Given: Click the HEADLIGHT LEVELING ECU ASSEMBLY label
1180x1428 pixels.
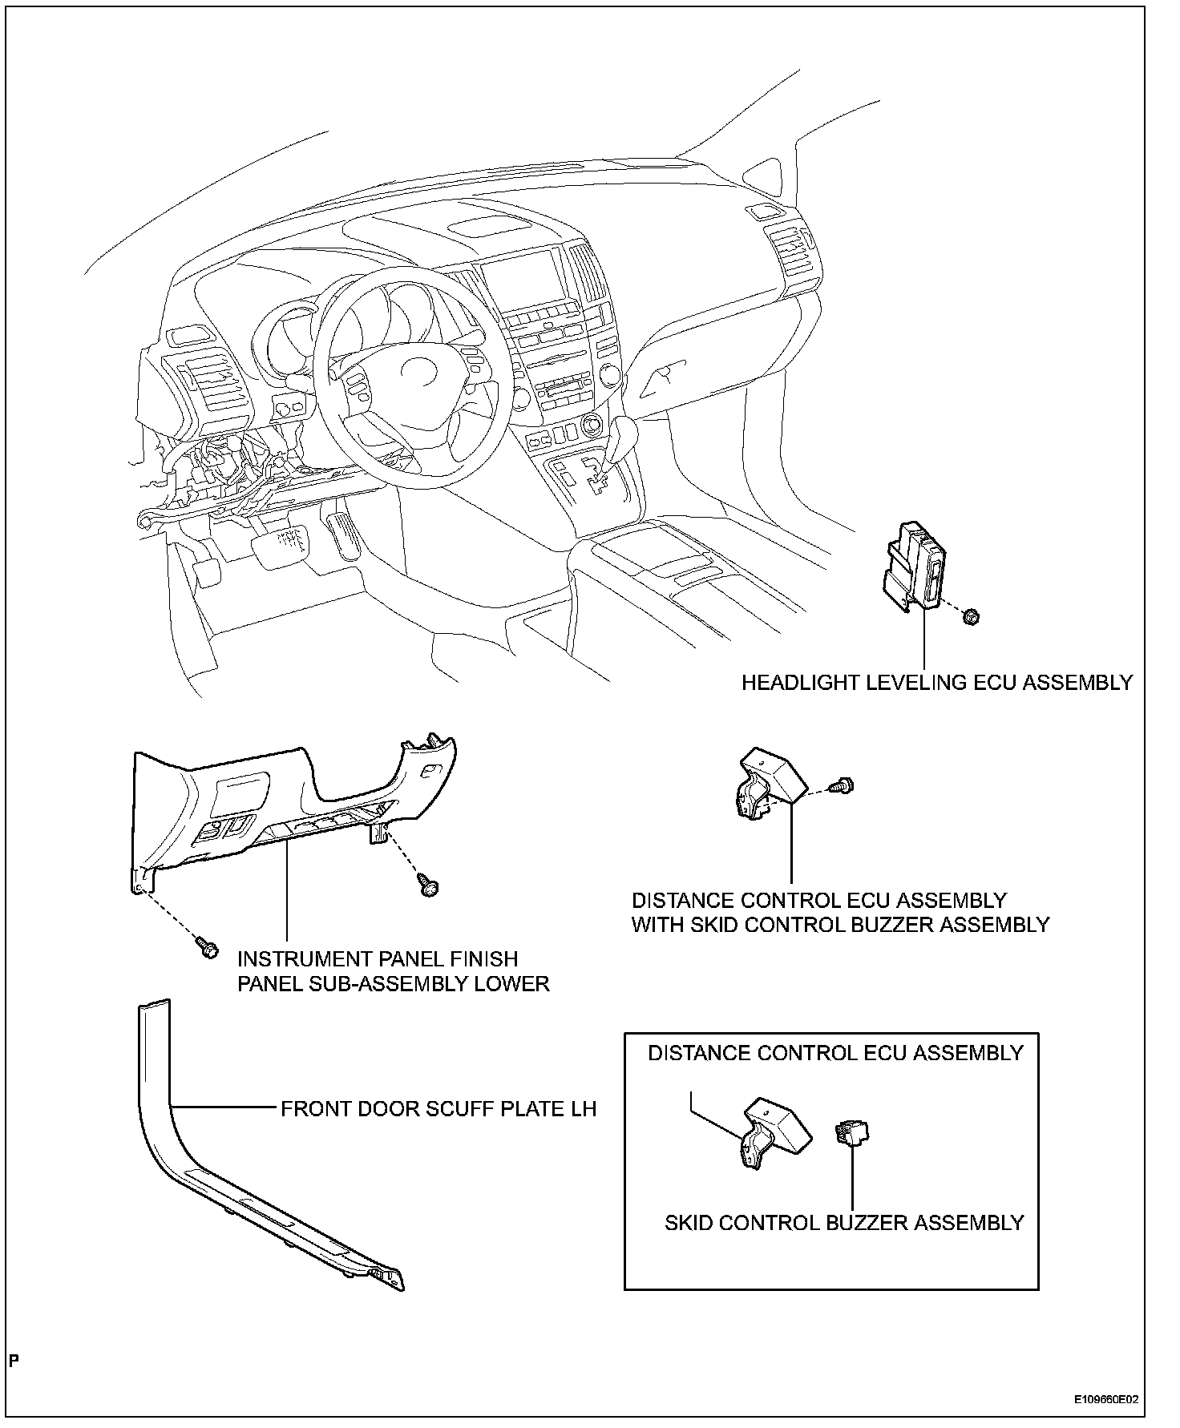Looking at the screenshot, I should (936, 683).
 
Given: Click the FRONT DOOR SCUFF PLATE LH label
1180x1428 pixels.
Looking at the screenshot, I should (438, 1109).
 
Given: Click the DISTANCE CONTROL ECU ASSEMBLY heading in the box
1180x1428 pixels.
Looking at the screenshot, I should (835, 1053).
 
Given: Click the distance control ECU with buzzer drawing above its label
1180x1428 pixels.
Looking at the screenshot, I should (770, 784).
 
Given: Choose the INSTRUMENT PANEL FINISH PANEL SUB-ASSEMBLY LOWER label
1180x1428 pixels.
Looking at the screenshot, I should (393, 971).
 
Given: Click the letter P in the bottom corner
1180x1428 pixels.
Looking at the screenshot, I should (14, 1360).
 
